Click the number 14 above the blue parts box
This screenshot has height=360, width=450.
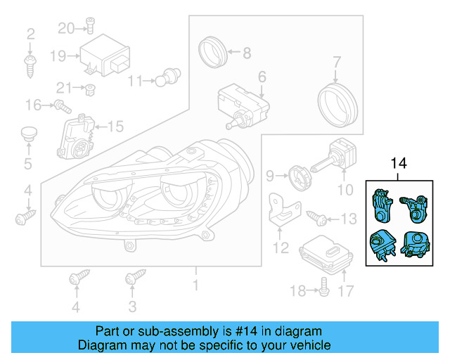[x=398, y=164]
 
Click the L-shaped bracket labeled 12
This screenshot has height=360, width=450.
[x=284, y=210]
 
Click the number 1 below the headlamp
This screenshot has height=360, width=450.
[x=196, y=285]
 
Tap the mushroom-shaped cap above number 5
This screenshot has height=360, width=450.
[x=28, y=133]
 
